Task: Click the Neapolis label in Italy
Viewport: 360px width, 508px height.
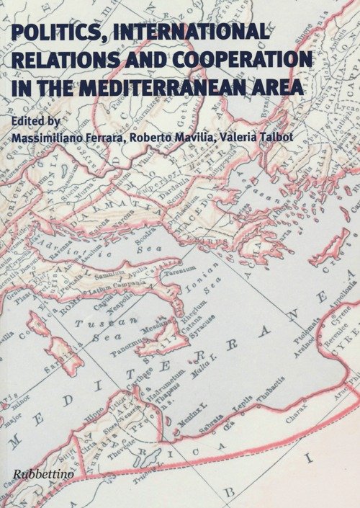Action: click(116, 305)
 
